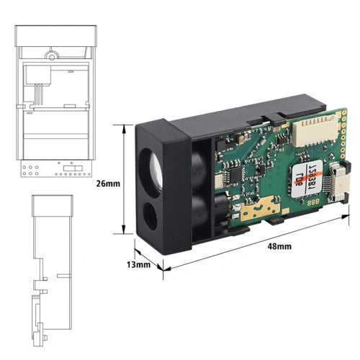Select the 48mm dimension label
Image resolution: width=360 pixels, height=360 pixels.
click(x=279, y=246)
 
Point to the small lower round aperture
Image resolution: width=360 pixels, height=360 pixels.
click(x=154, y=215)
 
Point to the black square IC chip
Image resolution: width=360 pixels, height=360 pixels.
click(x=233, y=176)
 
